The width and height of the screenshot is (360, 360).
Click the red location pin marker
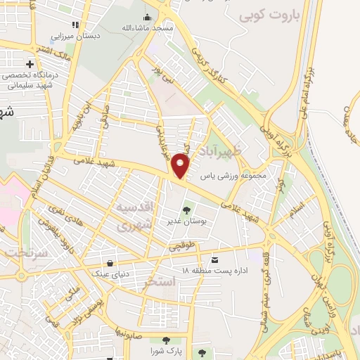tap(181, 166)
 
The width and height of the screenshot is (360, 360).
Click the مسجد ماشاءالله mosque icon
tap(147, 17)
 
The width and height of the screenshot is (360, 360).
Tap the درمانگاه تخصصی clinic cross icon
tap(30, 65)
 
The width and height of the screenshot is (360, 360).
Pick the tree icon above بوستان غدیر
tap(186, 210)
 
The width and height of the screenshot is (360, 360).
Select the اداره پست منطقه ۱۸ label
tap(214, 271)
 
